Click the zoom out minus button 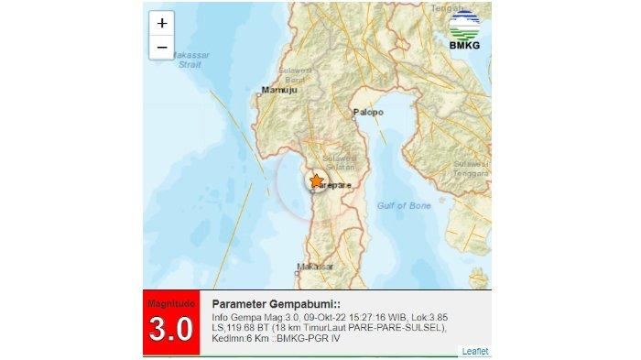coord(162,48)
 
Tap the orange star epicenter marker coord(316,180)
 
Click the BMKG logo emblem coord(465,22)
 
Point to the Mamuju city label coord(275,90)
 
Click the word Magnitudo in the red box coord(173,301)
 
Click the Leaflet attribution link coord(475,351)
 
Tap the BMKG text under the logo coord(465,46)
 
